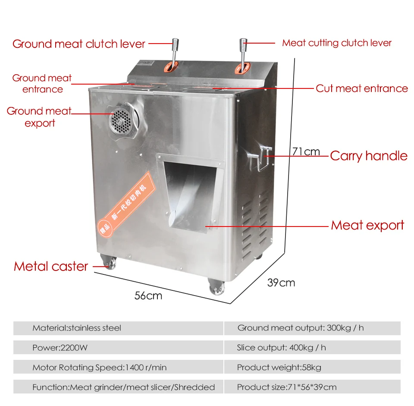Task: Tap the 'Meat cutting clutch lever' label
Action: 337,43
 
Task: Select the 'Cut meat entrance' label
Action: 361,88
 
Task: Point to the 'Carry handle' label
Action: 369,156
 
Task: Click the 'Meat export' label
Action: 367,225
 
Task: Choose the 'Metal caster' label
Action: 51,266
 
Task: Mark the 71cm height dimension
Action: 306,151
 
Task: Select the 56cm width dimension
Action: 148,296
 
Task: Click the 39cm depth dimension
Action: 281,283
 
